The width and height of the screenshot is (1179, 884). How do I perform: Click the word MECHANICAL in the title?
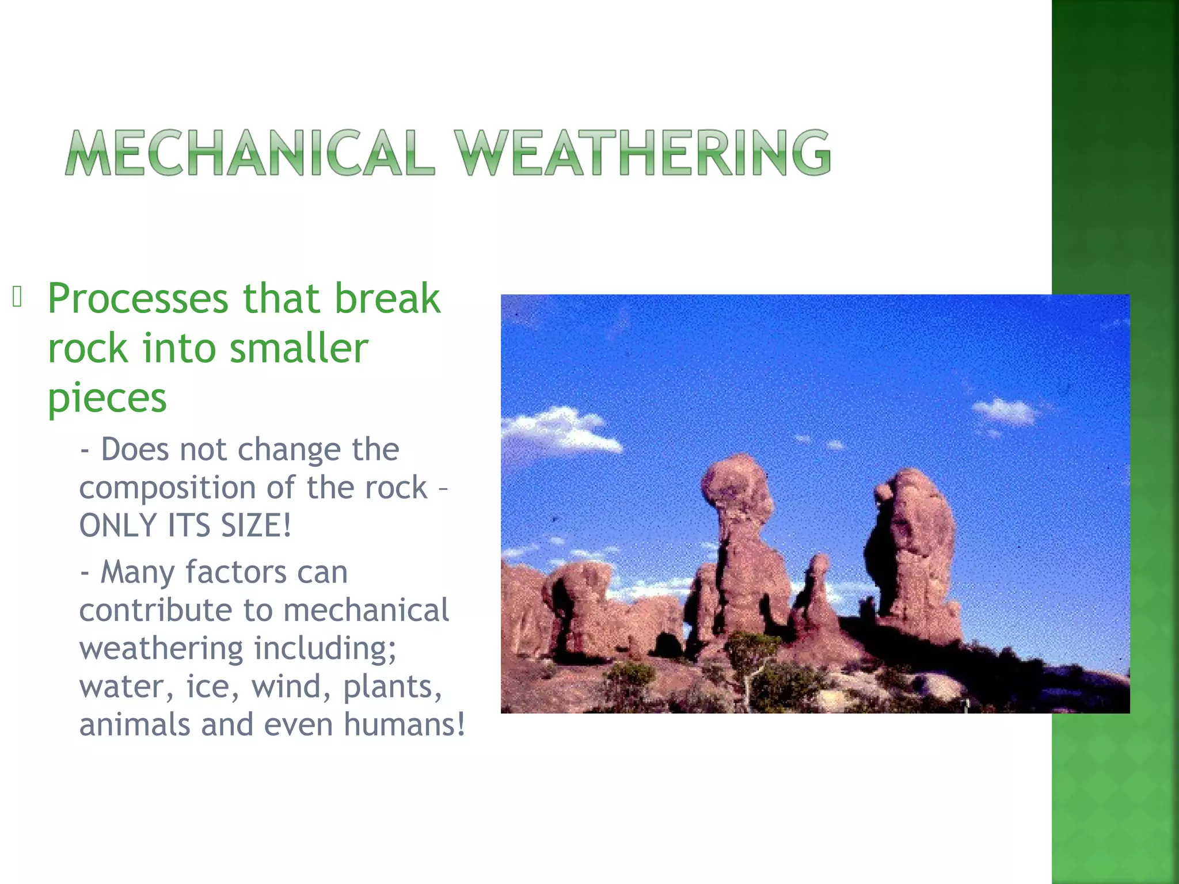click(249, 153)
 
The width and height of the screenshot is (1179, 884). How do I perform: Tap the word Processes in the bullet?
click(138, 299)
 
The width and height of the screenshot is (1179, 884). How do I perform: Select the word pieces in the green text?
click(107, 399)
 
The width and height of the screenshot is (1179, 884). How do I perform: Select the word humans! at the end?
click(404, 724)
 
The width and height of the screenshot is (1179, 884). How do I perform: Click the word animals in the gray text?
click(134, 724)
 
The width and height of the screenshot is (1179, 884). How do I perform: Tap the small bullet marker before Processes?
click(17, 297)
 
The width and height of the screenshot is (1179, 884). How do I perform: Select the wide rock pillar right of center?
click(912, 552)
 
